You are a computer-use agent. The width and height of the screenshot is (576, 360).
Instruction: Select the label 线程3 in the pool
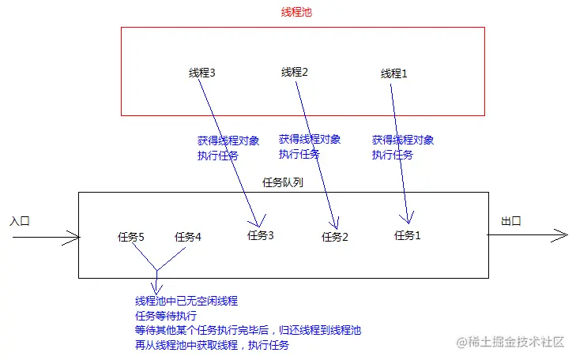(x=202, y=73)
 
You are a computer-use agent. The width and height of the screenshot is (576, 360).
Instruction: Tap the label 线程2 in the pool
(x=294, y=72)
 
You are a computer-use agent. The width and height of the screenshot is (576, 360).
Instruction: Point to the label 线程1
(x=393, y=73)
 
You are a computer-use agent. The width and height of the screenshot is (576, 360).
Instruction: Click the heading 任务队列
(x=282, y=182)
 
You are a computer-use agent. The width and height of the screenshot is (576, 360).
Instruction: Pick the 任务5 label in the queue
(x=130, y=236)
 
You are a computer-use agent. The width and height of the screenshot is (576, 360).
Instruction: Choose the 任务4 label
(x=188, y=236)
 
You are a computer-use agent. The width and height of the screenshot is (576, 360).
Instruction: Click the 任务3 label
(x=260, y=234)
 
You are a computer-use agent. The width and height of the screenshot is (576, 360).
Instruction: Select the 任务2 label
(x=334, y=236)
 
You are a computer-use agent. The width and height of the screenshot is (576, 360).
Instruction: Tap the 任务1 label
(x=408, y=234)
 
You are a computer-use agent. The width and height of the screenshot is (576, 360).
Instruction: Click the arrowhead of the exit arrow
(x=563, y=235)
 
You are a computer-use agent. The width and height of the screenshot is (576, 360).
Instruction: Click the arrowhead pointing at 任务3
(x=258, y=223)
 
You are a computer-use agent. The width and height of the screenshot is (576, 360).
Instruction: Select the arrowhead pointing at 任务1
(x=408, y=222)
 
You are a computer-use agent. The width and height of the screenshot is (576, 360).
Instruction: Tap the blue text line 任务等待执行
(x=165, y=316)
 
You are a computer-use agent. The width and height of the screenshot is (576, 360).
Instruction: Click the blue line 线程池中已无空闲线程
(x=186, y=301)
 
